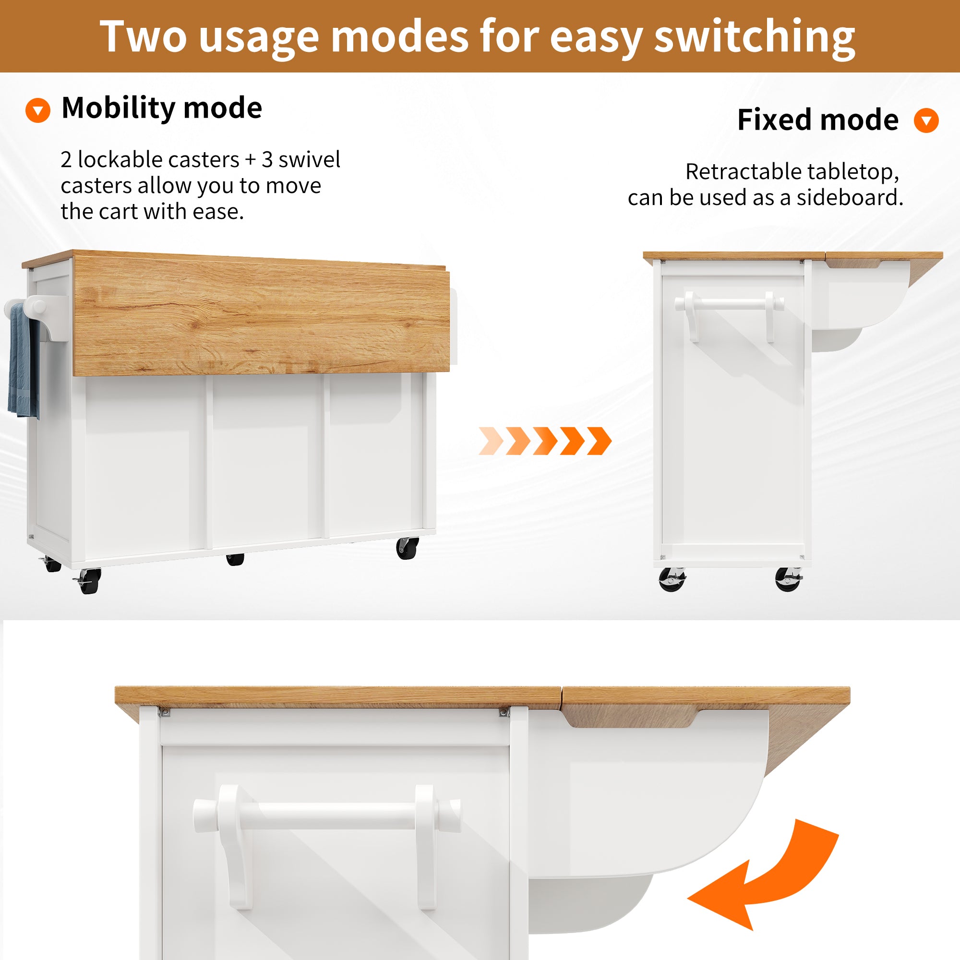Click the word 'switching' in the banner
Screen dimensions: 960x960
pos(754,37)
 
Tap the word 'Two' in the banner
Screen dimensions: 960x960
pos(143,36)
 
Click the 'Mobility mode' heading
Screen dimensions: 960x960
pos(161,108)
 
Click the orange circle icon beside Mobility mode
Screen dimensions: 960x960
pos(38,110)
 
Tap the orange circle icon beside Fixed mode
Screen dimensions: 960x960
pos(926,120)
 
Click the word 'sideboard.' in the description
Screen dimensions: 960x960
pos(850,197)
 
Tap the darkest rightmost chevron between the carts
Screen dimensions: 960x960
pos(599,441)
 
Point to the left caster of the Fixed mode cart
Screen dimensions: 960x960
pos(672,579)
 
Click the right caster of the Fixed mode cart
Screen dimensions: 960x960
pos(788,579)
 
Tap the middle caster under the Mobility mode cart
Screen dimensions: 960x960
pos(235,559)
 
